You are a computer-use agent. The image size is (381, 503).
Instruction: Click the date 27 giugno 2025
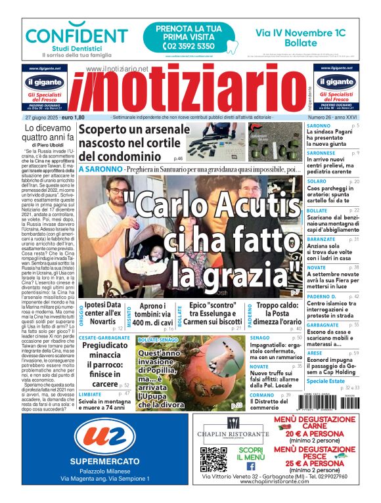[x=49, y=117]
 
